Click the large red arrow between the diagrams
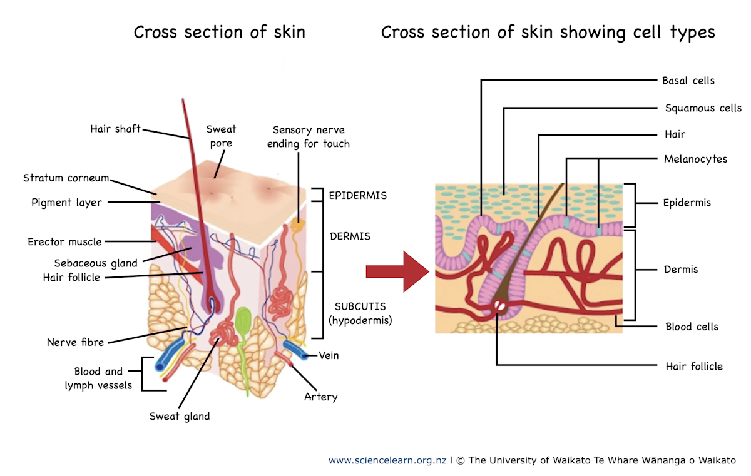pyautogui.click(x=397, y=271)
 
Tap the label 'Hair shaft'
pyautogui.click(x=115, y=129)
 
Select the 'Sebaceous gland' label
pyautogui.click(x=95, y=263)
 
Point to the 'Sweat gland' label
pyautogui.click(x=179, y=416)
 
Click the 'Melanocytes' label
pyautogui.click(x=695, y=159)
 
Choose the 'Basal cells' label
pyautogui.click(x=688, y=81)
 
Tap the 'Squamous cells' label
pyautogui.click(x=703, y=108)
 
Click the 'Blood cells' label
pyautogui.click(x=692, y=327)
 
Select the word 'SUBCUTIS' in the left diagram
pyautogui.click(x=360, y=306)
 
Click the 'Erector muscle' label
pyautogui.click(x=64, y=241)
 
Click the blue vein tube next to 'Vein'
pyautogui.click(x=294, y=350)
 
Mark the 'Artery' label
pyautogui.click(x=320, y=397)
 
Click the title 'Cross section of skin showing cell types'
pyautogui.click(x=548, y=32)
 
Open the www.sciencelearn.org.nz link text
pyautogui.click(x=387, y=460)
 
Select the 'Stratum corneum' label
pyautogui.click(x=66, y=178)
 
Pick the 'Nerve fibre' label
pyautogui.click(x=75, y=342)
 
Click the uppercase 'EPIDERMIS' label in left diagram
pyautogui.click(x=357, y=195)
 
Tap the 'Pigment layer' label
pyautogui.click(x=66, y=203)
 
